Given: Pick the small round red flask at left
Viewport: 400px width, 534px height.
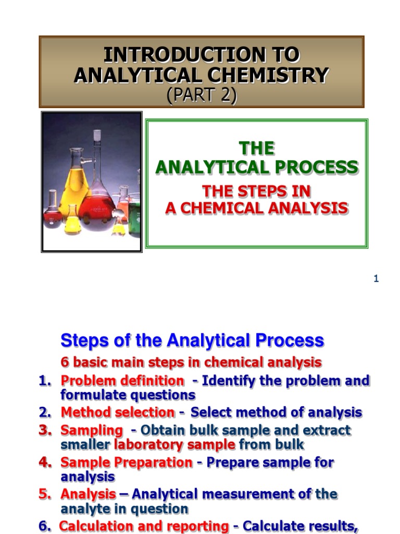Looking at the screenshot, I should click(52, 211).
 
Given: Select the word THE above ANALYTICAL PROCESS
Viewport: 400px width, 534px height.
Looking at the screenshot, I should click(256, 149).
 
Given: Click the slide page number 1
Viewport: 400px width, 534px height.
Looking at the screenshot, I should click(376, 279).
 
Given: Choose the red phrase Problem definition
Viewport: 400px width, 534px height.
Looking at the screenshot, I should click(122, 381).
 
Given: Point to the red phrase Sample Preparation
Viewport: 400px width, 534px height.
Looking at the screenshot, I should click(126, 462).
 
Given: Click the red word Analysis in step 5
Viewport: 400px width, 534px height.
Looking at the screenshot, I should click(88, 494).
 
